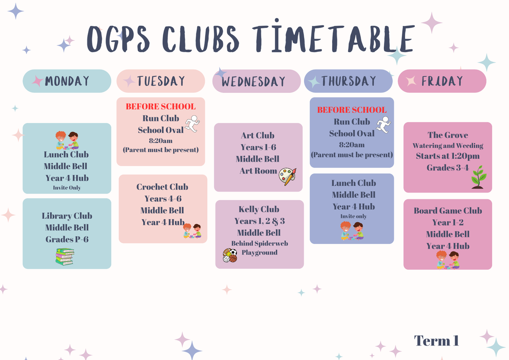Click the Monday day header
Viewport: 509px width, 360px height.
[x=67, y=81]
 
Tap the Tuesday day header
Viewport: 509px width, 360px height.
[x=161, y=81]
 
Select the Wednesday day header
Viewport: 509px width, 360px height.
[x=256, y=81]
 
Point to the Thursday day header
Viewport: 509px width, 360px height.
[x=348, y=81]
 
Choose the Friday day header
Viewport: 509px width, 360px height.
[x=442, y=81]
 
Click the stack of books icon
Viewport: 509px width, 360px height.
[x=65, y=257]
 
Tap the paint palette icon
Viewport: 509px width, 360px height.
[x=288, y=177]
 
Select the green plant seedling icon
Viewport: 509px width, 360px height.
[x=478, y=177]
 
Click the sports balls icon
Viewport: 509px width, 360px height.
[x=230, y=255]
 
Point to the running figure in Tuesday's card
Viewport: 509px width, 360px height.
[x=192, y=123]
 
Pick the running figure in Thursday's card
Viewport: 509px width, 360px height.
[x=383, y=125]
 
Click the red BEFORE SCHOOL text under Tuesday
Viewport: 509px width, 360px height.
[x=161, y=106]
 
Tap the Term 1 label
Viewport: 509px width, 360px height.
[x=436, y=340]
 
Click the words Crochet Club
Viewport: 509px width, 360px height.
[x=162, y=187]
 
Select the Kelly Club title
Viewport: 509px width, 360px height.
[x=259, y=209]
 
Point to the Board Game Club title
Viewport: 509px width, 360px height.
[x=447, y=211]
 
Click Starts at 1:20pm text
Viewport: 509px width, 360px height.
[x=447, y=156]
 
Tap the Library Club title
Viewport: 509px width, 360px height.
[x=67, y=216]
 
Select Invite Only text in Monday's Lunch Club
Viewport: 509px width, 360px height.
[x=67, y=187]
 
